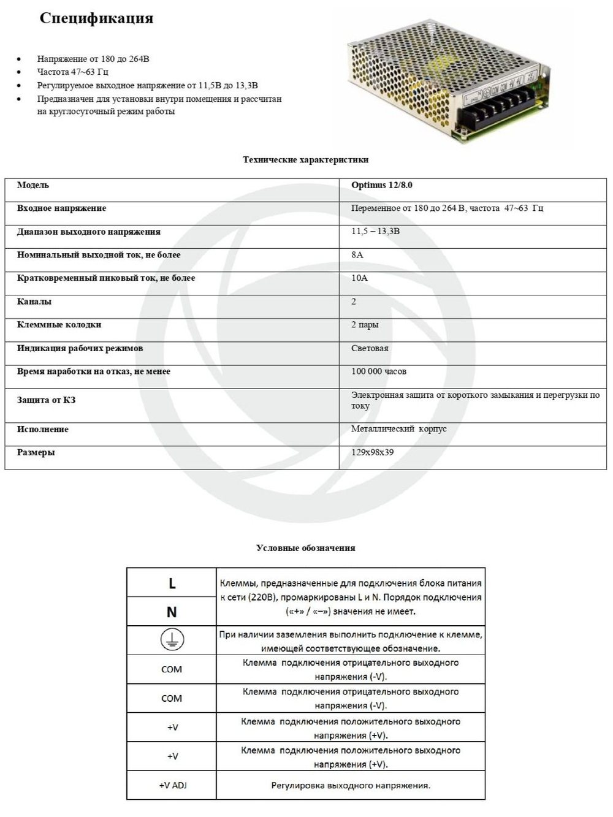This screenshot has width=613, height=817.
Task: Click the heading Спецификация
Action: pos(96,18)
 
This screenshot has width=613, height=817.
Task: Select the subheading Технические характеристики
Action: pos(305,160)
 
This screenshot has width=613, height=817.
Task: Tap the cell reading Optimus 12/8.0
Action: pos(381,185)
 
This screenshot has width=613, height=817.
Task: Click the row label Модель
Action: pos(33,185)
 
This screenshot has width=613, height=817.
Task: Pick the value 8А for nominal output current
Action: pos(357,255)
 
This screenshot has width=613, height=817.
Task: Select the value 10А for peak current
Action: pos(359,278)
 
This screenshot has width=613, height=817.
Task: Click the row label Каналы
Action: pos(34,302)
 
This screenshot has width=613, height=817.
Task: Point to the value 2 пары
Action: pos(365,325)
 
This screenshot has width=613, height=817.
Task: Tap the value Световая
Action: pos(370,348)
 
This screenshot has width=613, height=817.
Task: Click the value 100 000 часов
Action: pos(379,371)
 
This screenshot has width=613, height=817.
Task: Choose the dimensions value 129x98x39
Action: pos(373,453)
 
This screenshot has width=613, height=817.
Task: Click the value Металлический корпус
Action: pos(398,429)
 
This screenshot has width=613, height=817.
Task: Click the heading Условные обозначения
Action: pos(305,548)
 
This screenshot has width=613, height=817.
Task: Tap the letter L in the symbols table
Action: pos(172,583)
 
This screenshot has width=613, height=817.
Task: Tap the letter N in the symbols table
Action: pos(172,612)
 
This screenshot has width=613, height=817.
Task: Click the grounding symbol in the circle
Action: pos(172,640)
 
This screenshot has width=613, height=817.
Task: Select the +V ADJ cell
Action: pos(172,786)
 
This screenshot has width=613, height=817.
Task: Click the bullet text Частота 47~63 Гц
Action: pos(72,72)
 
